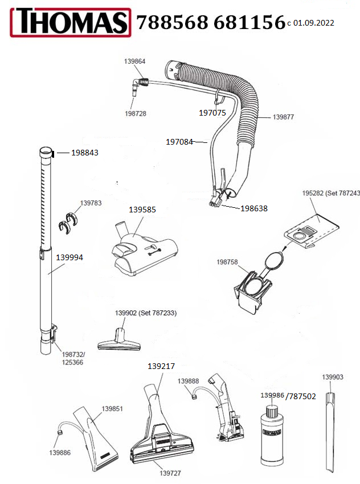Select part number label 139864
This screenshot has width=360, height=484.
(135, 60)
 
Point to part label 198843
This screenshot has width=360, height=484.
(85, 153)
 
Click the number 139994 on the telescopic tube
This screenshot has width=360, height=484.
(69, 257)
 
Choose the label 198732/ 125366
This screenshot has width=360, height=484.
(72, 358)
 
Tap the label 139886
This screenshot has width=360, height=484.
(60, 452)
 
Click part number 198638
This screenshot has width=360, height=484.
(253, 208)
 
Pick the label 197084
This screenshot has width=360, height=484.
(179, 141)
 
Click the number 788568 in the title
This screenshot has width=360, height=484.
(171, 23)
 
